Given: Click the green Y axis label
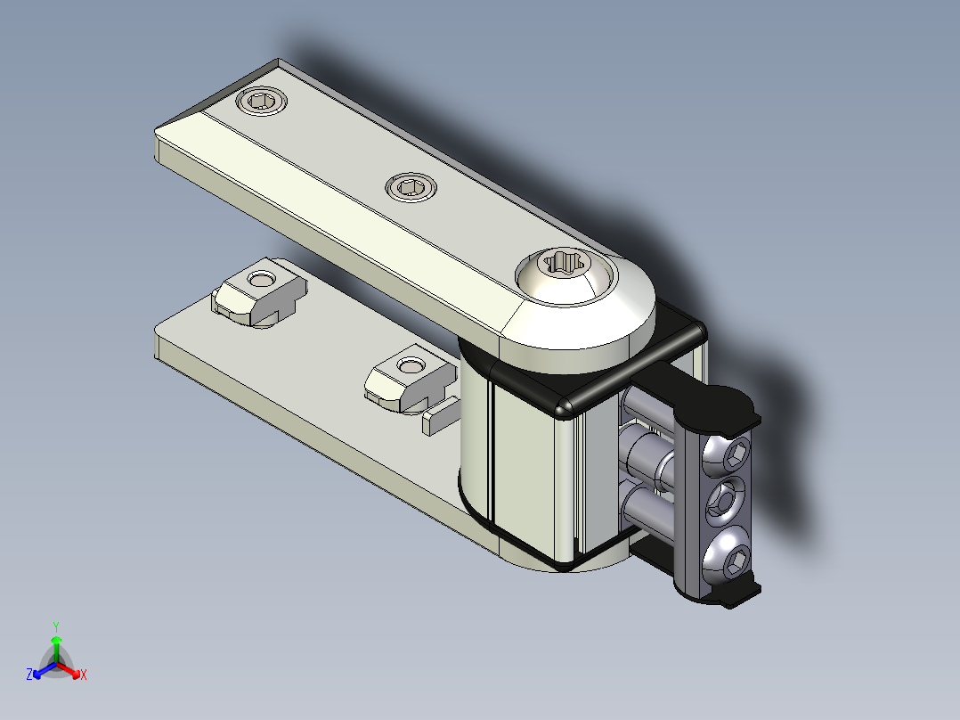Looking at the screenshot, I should point(56,626).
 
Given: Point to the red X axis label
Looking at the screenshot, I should point(84,675).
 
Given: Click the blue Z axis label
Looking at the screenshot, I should point(29,675).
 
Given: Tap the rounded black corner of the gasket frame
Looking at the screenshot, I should point(565,408).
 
